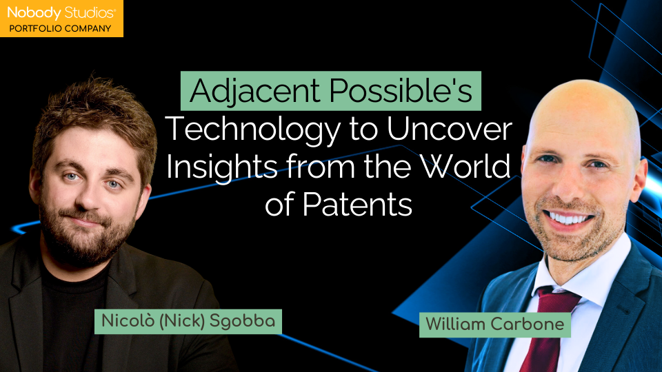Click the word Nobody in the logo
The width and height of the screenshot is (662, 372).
pyautogui.click(x=34, y=14)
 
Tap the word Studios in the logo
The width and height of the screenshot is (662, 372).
pyautogui.click(x=89, y=12)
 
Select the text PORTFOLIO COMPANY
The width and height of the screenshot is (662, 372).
pyautogui.click(x=61, y=29)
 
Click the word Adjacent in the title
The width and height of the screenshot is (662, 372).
pyautogui.click(x=254, y=91)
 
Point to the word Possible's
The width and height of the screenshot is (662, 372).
pyautogui.click(x=401, y=90)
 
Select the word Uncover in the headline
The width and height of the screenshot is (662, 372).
pyautogui.click(x=449, y=129)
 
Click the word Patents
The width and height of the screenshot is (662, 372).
pyautogui.click(x=357, y=205)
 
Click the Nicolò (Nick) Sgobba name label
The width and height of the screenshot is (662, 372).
pyautogui.click(x=188, y=322)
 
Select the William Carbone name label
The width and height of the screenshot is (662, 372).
pyautogui.click(x=495, y=324)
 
